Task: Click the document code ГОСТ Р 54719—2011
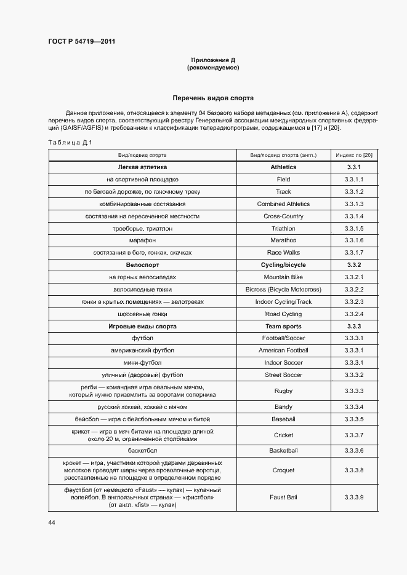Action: [x=82, y=42]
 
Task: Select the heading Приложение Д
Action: [x=213, y=60]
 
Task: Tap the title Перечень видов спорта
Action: [x=213, y=98]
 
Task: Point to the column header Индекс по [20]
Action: [x=354, y=155]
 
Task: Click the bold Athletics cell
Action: [x=283, y=167]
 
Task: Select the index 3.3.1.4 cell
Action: [x=354, y=216]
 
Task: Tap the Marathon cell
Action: [x=283, y=240]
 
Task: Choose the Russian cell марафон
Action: [x=142, y=240]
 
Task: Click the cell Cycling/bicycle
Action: [x=283, y=265]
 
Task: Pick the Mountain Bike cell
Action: [x=283, y=277]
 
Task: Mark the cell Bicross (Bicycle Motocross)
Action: [x=283, y=290]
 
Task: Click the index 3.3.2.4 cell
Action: [x=354, y=314]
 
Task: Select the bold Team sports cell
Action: [x=283, y=327]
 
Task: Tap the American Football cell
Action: [x=283, y=351]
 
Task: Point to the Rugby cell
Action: [x=283, y=391]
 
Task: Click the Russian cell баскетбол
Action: [x=142, y=451]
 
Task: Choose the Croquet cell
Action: [x=283, y=470]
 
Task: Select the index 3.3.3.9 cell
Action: [x=354, y=497]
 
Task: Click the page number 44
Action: [x=52, y=522]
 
